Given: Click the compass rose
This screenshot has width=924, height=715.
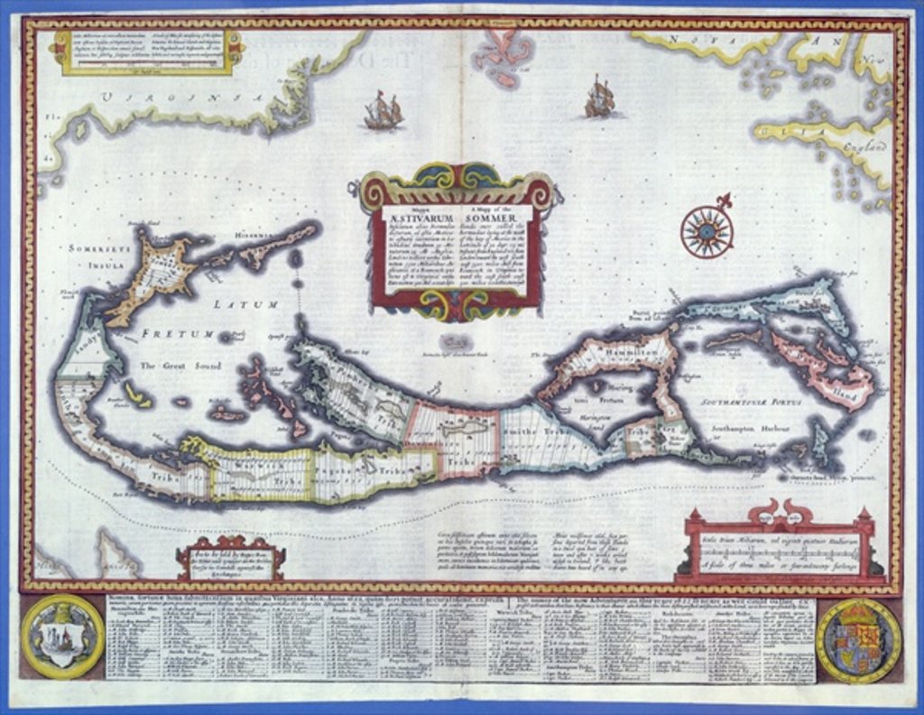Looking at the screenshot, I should pyautogui.click(x=707, y=231).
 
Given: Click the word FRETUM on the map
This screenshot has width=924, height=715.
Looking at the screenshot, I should pyautogui.click(x=186, y=334).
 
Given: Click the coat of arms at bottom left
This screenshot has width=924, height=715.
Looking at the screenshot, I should pyautogui.click(x=62, y=637).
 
